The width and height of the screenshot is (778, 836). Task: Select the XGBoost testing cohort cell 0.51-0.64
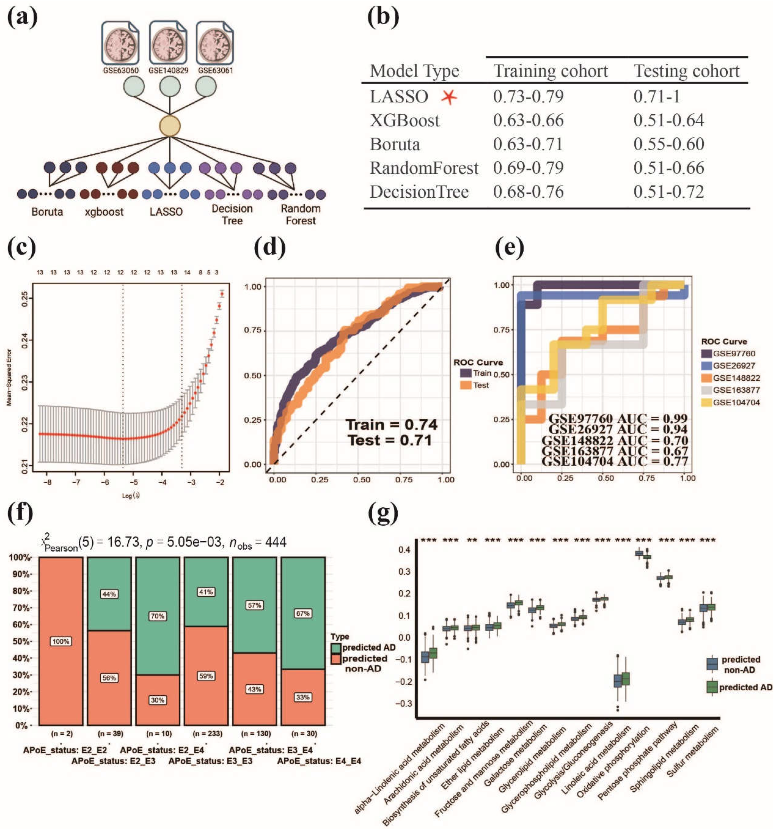click(x=668, y=121)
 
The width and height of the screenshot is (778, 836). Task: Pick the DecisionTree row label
click(x=419, y=192)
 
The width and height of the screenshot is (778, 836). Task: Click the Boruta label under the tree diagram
click(x=47, y=211)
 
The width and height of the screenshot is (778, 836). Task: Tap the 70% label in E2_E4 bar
click(x=157, y=616)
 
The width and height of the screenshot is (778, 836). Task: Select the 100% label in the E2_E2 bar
click(x=61, y=641)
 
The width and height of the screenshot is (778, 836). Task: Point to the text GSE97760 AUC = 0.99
click(x=618, y=418)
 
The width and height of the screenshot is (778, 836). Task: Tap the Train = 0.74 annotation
click(x=391, y=425)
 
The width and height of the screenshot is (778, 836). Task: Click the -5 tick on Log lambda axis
click(x=134, y=482)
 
